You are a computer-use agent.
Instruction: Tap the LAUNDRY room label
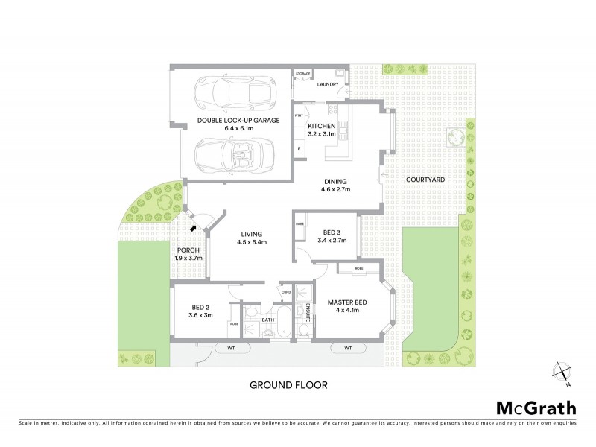[x=328, y=84]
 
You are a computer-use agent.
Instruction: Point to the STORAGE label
[x=303, y=74]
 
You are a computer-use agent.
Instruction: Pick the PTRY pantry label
[x=299, y=116]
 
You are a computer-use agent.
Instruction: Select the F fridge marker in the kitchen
[x=299, y=149]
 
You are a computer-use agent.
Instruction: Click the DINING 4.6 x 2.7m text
[x=335, y=185]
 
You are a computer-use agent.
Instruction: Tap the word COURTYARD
[x=425, y=180]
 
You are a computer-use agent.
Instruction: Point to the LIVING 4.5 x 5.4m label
[x=252, y=238]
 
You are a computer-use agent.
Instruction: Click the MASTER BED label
[x=344, y=305]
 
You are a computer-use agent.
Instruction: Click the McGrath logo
[x=536, y=408]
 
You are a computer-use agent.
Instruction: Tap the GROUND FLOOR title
[x=288, y=385]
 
